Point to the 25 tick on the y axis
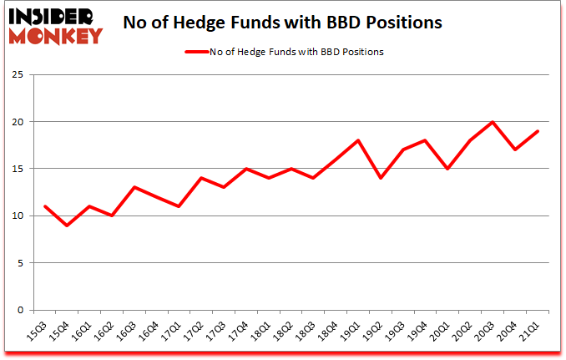click(22, 75)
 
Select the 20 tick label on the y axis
click(22, 122)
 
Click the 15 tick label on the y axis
click(22, 169)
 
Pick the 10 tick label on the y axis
click(22, 215)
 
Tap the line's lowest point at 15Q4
click(68, 226)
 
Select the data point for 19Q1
click(358, 140)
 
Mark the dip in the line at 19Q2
click(381, 178)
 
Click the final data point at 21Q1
click(538, 131)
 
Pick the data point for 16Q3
click(134, 187)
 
